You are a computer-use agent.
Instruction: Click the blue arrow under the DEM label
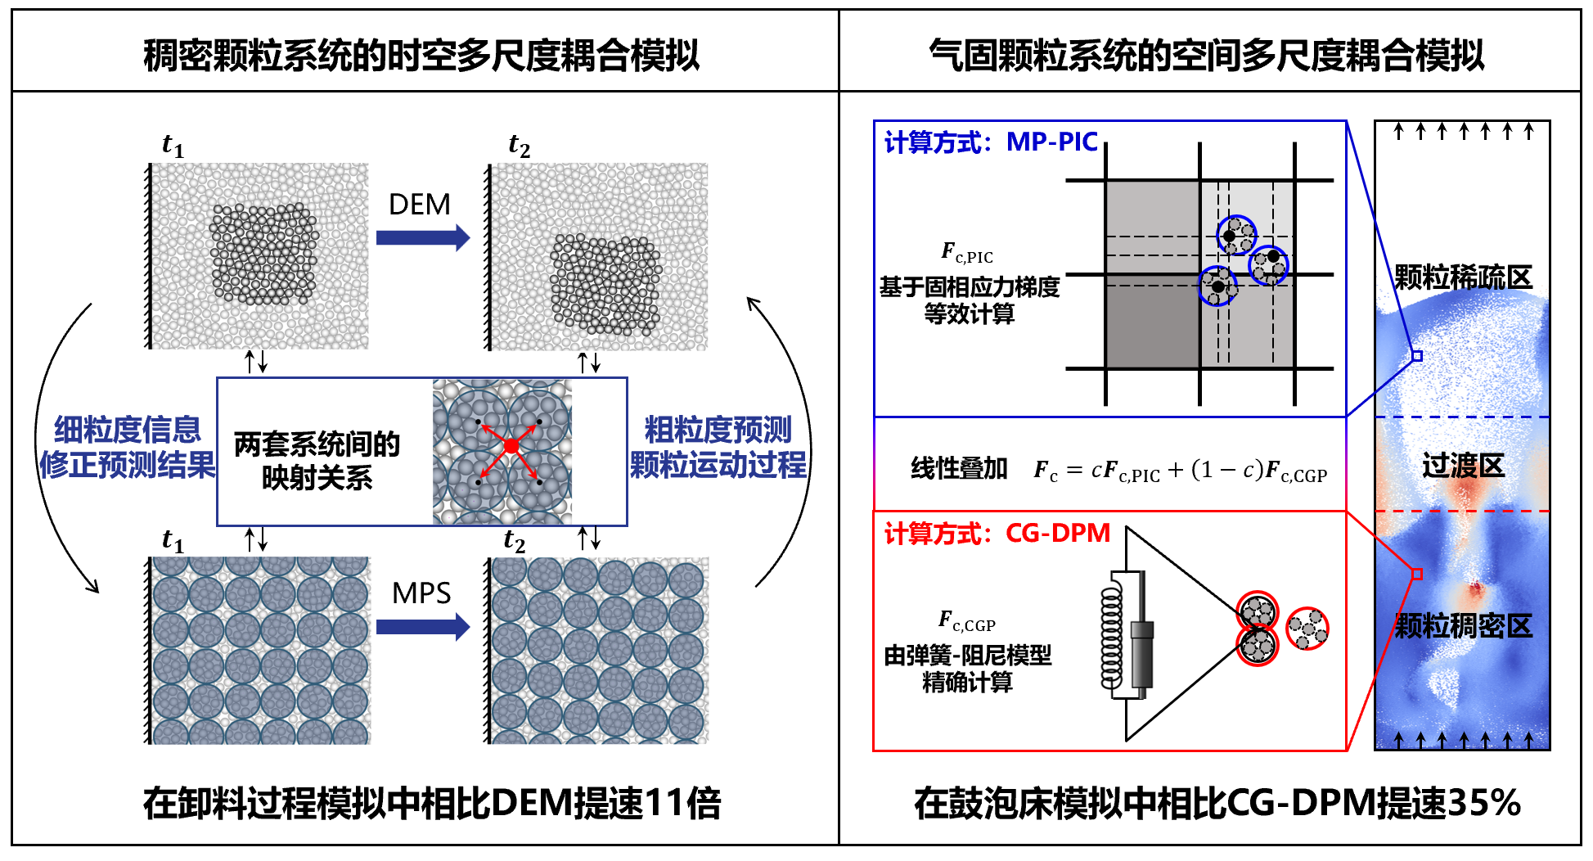coord(422,238)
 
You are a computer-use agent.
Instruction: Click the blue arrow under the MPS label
coord(422,627)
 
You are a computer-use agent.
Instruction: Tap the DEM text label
coord(419,205)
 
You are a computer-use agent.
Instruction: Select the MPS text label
coord(421,593)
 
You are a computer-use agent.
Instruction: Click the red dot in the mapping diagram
coord(511,446)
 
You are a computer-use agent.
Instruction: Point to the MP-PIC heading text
coord(1051,142)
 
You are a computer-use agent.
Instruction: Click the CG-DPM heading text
coord(1057,534)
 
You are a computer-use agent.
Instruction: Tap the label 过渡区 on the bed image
coord(1463,467)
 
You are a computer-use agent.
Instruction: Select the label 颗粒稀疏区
coord(1463,277)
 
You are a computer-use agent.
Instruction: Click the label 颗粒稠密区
coord(1463,626)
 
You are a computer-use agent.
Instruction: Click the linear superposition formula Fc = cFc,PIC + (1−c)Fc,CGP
coord(1180,471)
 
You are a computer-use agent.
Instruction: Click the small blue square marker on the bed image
coord(1417,356)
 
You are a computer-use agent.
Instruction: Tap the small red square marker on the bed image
coord(1417,574)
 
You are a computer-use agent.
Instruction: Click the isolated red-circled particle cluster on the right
coord(1307,629)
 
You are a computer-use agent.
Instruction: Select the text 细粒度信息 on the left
coord(128,430)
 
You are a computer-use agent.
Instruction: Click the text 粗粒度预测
coord(718,430)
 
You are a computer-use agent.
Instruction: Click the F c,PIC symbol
coord(966,253)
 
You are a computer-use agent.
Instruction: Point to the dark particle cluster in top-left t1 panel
coord(263,254)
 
